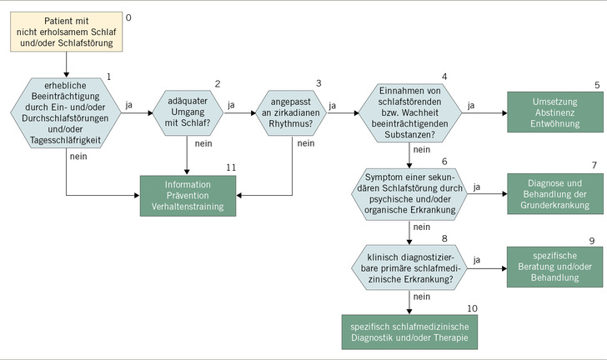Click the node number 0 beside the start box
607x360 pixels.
[128, 17]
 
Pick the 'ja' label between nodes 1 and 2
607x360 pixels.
[129, 106]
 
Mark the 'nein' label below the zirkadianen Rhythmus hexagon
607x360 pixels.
[306, 142]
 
